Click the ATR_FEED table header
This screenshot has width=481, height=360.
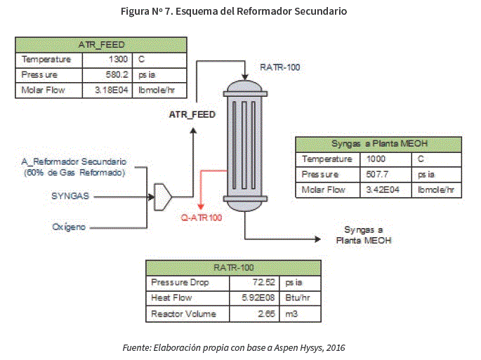click(101, 44)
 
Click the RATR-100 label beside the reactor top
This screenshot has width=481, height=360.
click(279, 67)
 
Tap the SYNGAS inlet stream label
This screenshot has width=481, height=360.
click(70, 196)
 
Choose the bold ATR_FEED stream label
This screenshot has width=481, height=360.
click(192, 114)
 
